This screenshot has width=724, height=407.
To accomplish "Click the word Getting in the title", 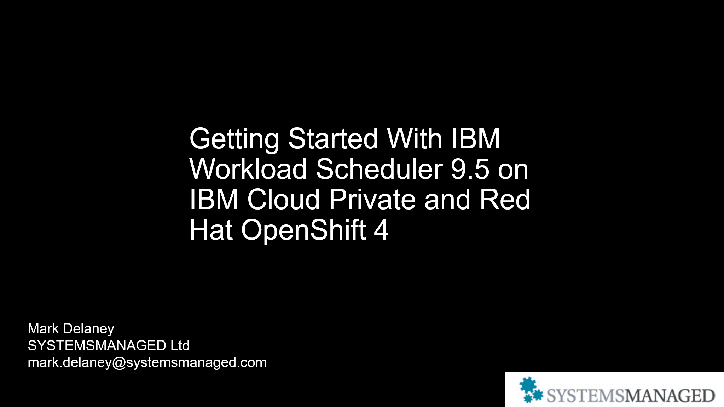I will click(x=234, y=139).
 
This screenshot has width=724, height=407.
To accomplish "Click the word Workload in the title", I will click(x=248, y=169).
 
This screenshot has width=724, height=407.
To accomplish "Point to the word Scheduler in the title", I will click(x=379, y=169).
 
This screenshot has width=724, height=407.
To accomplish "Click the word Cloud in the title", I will click(x=283, y=200).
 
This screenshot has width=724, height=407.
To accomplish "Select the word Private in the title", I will click(x=372, y=200).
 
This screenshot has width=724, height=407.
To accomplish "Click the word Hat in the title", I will click(x=211, y=230).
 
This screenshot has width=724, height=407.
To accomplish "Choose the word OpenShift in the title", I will click(x=303, y=230).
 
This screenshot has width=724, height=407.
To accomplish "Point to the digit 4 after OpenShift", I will click(x=381, y=230).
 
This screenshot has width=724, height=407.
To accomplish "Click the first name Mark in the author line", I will click(x=43, y=329).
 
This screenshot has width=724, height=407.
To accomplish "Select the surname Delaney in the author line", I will click(x=88, y=329).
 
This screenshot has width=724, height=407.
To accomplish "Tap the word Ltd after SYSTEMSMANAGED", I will click(x=180, y=346).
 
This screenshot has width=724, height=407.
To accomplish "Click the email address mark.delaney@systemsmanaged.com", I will click(x=147, y=362).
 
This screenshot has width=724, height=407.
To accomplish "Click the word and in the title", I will click(x=447, y=200).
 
